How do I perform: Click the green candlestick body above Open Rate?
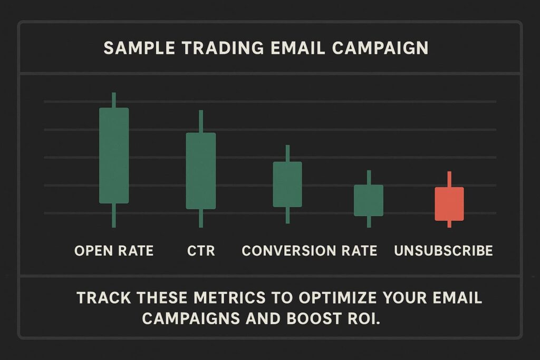114,155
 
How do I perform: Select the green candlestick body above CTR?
201,171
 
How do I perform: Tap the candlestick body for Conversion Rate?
287,184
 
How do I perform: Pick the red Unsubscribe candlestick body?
449,203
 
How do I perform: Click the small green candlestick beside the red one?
369,200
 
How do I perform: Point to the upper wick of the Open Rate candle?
114,100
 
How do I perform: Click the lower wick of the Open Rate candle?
114,216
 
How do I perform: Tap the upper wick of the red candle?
449,179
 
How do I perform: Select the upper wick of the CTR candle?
201,121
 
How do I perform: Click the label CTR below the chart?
201,250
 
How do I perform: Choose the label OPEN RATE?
114,250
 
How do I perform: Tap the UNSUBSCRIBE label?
443,250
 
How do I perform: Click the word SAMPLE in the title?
137,48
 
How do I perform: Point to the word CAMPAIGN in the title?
380,48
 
